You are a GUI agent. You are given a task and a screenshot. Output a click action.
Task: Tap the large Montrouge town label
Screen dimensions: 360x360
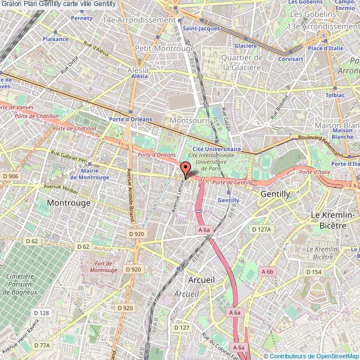tap(69, 203)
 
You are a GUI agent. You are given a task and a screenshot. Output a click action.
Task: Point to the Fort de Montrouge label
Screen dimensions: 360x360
tap(102, 267)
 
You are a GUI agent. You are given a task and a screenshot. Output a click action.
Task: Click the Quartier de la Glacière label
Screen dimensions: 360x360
tap(241, 63)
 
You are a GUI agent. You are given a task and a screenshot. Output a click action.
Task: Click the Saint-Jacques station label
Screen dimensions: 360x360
tap(201, 28)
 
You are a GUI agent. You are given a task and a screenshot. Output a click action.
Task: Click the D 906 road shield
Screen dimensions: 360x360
tap(11, 176)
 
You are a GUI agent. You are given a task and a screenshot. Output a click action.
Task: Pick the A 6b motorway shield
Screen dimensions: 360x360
tap(268, 271)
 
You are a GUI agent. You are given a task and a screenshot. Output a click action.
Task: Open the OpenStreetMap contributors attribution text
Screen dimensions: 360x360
tap(311, 356)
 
